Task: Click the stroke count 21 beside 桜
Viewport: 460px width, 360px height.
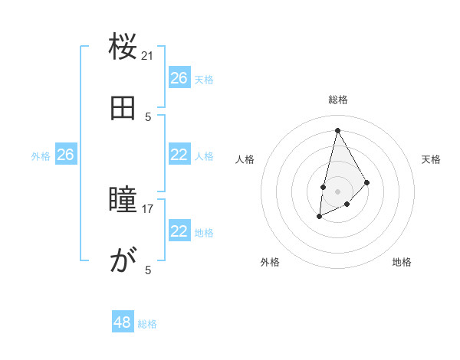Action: point(148,55)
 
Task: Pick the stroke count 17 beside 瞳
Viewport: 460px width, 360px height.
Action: point(148,208)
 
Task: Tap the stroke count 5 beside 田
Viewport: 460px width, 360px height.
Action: point(148,116)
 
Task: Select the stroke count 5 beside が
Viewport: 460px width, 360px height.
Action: point(148,270)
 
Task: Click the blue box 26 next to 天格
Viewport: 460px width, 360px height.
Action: point(179,77)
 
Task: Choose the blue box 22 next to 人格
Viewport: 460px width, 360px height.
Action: point(179,155)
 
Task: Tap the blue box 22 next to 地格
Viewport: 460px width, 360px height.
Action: point(179,231)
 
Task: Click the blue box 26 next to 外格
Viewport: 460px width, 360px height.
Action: point(65,155)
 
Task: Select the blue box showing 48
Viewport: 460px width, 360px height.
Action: point(123,322)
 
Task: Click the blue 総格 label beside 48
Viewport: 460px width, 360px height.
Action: point(147,324)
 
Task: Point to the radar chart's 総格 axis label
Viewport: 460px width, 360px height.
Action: point(337,100)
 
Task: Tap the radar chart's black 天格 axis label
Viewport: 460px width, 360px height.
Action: point(431,159)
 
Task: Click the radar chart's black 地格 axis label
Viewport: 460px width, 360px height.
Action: point(402,262)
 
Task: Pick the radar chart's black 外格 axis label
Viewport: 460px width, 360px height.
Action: point(270,262)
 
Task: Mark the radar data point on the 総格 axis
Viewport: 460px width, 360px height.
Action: point(337,129)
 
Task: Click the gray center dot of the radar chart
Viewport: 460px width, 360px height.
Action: point(337,190)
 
